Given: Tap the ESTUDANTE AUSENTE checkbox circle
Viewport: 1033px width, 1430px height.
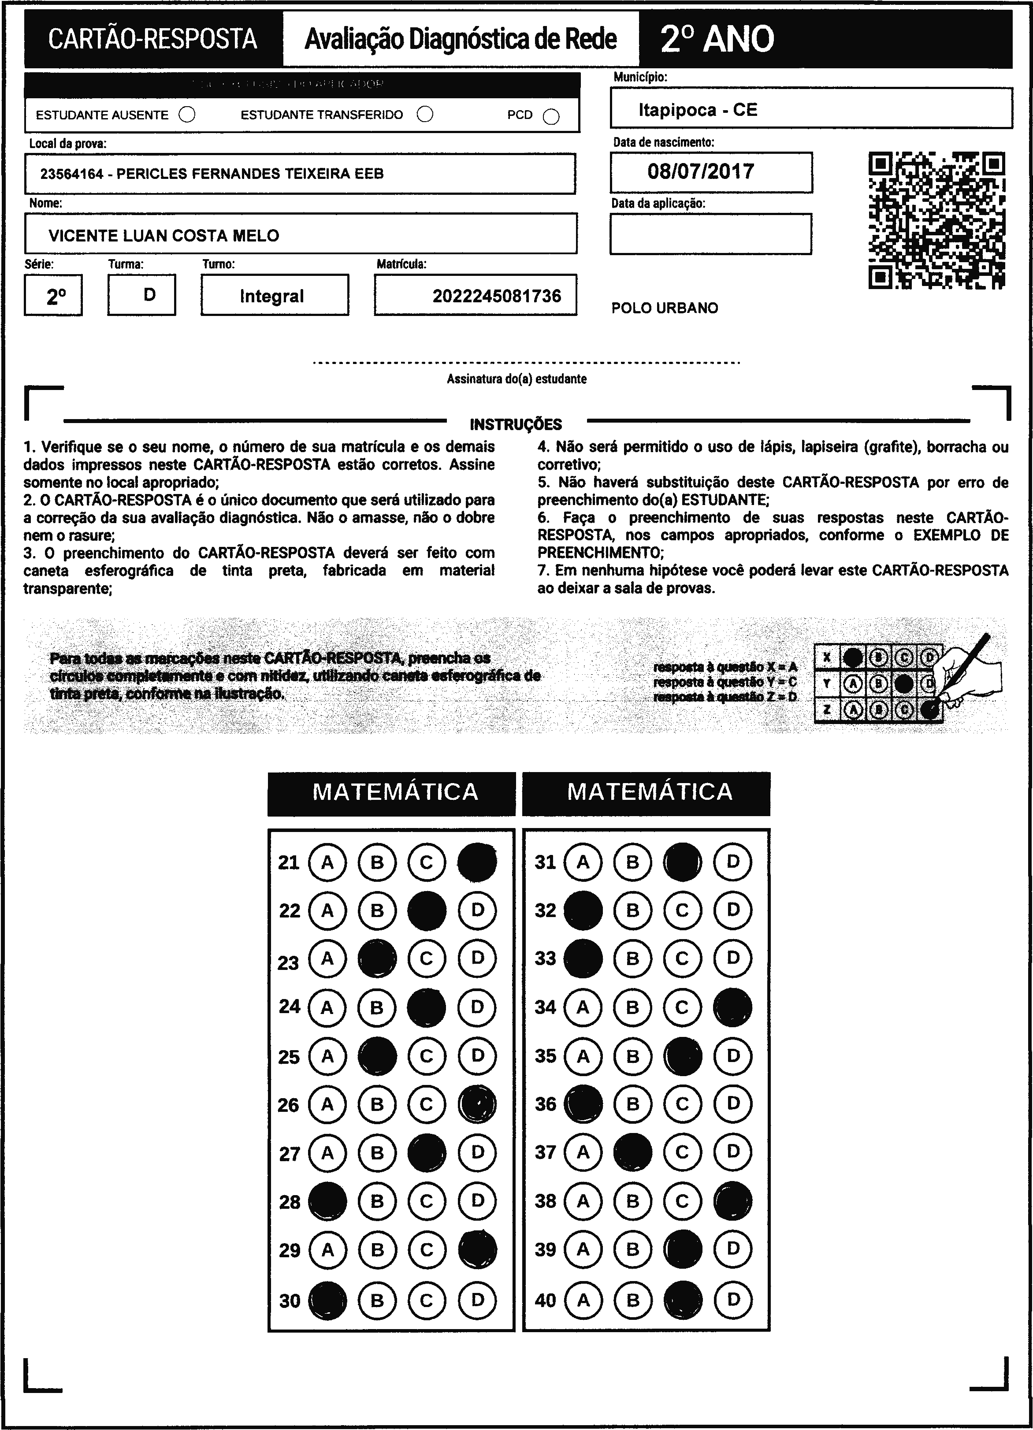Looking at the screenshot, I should point(187,115).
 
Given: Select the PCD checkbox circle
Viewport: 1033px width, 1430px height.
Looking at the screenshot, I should point(551,117).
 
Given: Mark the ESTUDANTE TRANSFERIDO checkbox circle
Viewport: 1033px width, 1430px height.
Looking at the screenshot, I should point(426,114).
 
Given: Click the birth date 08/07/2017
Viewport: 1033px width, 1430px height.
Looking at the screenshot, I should point(701,171).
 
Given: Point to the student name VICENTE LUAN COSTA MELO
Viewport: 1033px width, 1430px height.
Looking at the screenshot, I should point(164,236).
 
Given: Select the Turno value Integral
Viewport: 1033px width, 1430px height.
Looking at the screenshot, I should point(272,296).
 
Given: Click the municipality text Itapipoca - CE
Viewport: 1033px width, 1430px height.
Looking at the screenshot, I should point(698,110).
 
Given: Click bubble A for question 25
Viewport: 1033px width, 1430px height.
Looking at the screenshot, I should point(327,1056).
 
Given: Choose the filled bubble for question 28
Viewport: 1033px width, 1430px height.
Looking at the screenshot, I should point(327,1201).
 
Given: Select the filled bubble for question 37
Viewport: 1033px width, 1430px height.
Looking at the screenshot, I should point(632,1152).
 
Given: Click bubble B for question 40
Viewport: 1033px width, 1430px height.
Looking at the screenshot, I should point(632,1300).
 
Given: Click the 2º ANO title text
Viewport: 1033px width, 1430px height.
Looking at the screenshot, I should point(717,39).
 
